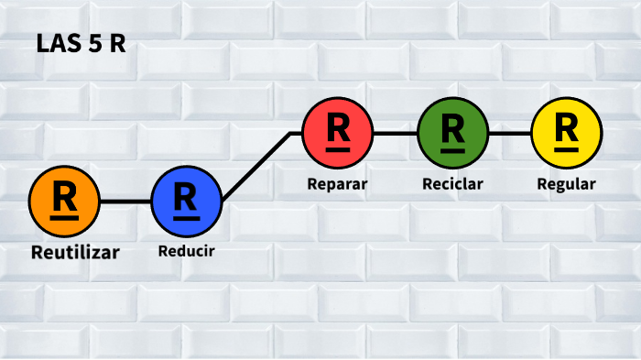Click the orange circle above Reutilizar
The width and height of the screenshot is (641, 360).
64,201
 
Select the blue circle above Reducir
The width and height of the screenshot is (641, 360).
186,201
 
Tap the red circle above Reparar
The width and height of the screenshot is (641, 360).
338,133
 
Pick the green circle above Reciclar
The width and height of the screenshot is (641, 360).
452,133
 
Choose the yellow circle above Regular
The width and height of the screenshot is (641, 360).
567,133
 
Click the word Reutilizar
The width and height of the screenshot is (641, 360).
75,251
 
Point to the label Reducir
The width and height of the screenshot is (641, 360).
186,250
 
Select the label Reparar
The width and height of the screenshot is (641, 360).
337,183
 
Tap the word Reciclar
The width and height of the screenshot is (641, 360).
452,183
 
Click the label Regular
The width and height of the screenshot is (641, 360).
566,183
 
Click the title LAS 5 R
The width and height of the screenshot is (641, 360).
81,45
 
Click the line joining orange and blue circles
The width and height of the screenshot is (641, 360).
125,201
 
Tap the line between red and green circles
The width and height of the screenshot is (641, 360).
395,133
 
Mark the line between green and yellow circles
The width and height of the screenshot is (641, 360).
509,133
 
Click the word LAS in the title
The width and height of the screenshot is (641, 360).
57,45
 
